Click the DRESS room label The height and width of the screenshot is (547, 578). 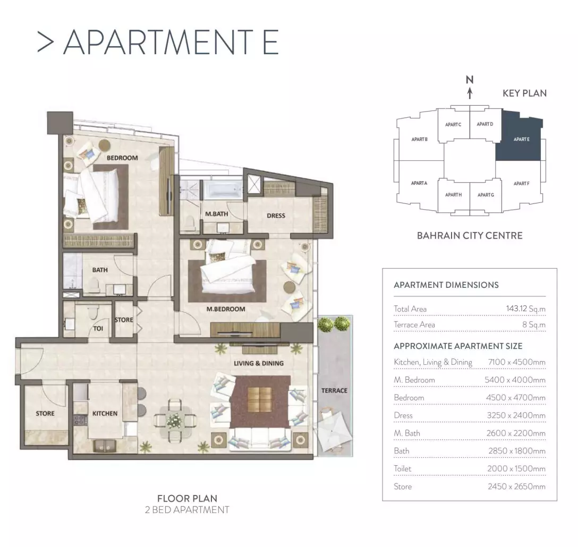(276, 216)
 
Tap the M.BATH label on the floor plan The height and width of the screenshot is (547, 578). (216, 214)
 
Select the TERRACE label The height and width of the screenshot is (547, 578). (334, 390)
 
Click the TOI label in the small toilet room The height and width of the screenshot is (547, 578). (98, 328)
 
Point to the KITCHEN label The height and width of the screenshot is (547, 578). (105, 414)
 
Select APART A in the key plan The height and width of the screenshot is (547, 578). (419, 183)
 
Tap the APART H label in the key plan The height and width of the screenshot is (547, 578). (453, 194)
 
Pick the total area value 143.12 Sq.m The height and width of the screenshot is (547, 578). (525, 309)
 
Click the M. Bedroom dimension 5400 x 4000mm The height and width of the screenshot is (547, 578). (515, 380)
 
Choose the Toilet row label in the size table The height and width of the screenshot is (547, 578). (402, 468)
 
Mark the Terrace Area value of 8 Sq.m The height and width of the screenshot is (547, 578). (534, 324)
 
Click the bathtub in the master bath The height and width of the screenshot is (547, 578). (223, 190)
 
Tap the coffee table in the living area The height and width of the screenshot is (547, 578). (261, 400)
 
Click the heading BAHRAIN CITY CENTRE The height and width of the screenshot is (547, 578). (470, 236)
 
